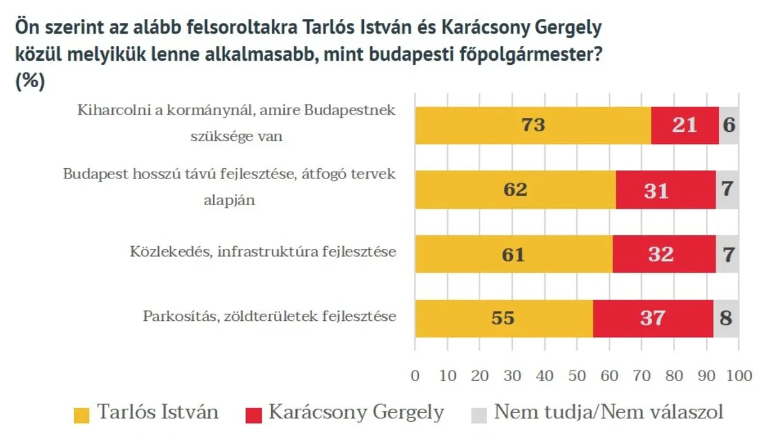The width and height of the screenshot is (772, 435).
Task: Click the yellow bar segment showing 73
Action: (x=533, y=125)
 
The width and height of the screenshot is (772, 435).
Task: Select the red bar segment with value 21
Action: (x=685, y=125)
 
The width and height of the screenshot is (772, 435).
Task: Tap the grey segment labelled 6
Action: (x=728, y=125)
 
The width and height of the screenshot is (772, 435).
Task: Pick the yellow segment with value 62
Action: (x=515, y=189)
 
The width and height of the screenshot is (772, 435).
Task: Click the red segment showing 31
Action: (x=665, y=189)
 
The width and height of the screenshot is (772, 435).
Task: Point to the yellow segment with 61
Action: (x=514, y=254)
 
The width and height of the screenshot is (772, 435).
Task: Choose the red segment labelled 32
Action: (x=664, y=254)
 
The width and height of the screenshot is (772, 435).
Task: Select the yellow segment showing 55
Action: (x=504, y=318)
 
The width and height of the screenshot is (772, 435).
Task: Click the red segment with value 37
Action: (x=653, y=318)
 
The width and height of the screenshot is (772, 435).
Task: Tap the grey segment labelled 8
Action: (x=726, y=318)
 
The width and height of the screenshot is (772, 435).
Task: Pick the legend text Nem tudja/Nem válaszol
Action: (x=608, y=412)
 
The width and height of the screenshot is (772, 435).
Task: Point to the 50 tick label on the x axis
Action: (x=577, y=376)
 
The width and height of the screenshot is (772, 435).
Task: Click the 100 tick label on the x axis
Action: (x=739, y=376)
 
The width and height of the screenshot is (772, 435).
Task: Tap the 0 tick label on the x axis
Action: (x=415, y=376)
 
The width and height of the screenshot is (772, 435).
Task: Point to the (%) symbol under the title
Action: (x=29, y=81)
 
